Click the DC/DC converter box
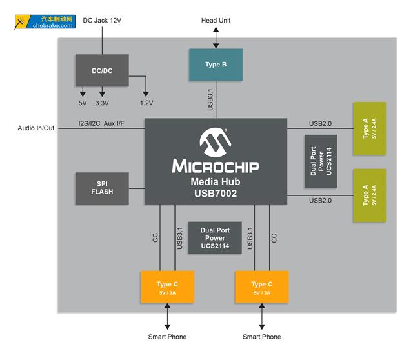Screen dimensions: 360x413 point(102,70)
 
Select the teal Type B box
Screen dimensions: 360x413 point(216,65)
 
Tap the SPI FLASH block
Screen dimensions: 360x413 point(102,188)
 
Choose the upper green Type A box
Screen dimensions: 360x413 point(369,128)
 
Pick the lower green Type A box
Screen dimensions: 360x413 point(369,195)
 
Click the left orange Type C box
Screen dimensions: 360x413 point(167,287)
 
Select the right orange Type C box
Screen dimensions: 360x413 point(261,287)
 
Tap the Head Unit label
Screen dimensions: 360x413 point(216,21)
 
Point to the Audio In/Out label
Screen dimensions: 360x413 point(36,128)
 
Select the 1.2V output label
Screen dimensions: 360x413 point(146,103)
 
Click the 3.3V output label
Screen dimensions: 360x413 point(102,103)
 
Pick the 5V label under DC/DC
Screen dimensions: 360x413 point(82,103)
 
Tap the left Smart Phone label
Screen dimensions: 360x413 point(168,337)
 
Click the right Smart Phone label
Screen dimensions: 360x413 point(261,337)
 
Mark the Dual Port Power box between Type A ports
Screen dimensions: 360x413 point(320,161)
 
